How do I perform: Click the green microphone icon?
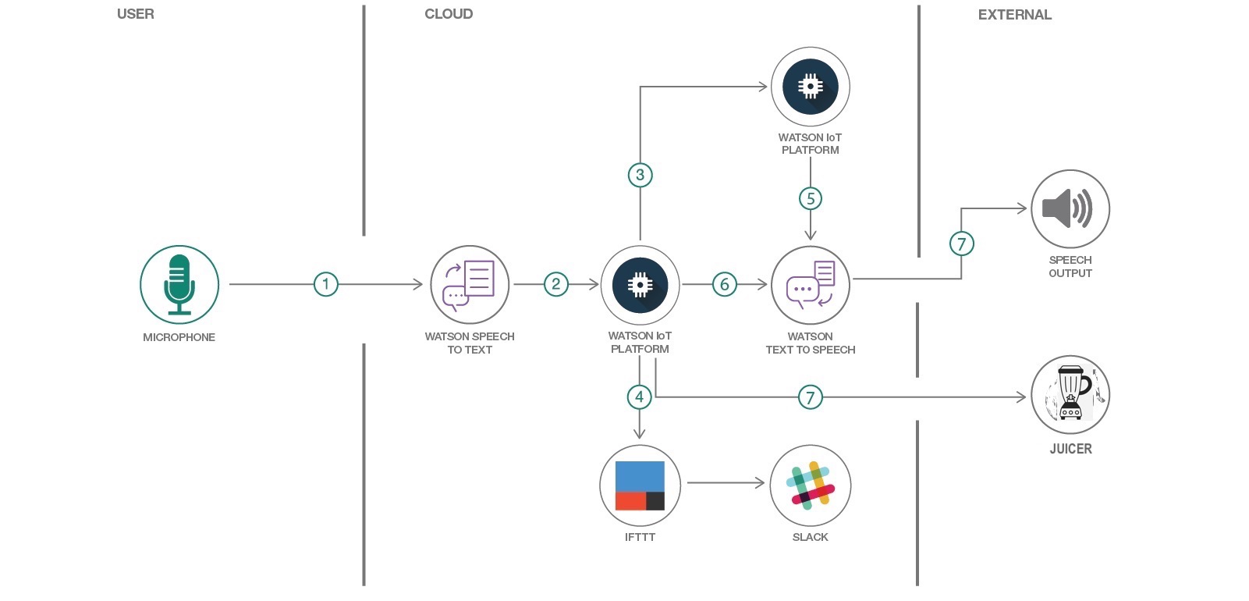pos(179,285)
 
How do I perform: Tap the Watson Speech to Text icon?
pos(470,285)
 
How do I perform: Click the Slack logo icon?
pos(811,485)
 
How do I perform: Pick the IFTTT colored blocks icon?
pos(640,485)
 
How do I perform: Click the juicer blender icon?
pos(1070,395)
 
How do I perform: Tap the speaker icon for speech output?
pos(1070,209)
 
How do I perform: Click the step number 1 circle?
pos(326,284)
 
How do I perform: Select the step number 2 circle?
pos(555,284)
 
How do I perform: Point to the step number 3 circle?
pos(640,175)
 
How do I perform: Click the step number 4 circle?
pos(640,397)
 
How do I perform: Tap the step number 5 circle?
pos(811,198)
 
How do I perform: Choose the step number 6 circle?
pos(725,284)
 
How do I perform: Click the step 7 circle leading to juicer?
pos(811,397)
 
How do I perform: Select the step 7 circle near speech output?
pos(961,244)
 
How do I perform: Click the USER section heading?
pos(136,14)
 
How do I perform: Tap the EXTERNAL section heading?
pos(1014,15)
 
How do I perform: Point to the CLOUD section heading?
pos(449,14)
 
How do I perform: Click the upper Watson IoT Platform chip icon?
pos(811,87)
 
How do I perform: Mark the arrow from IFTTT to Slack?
pos(726,483)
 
